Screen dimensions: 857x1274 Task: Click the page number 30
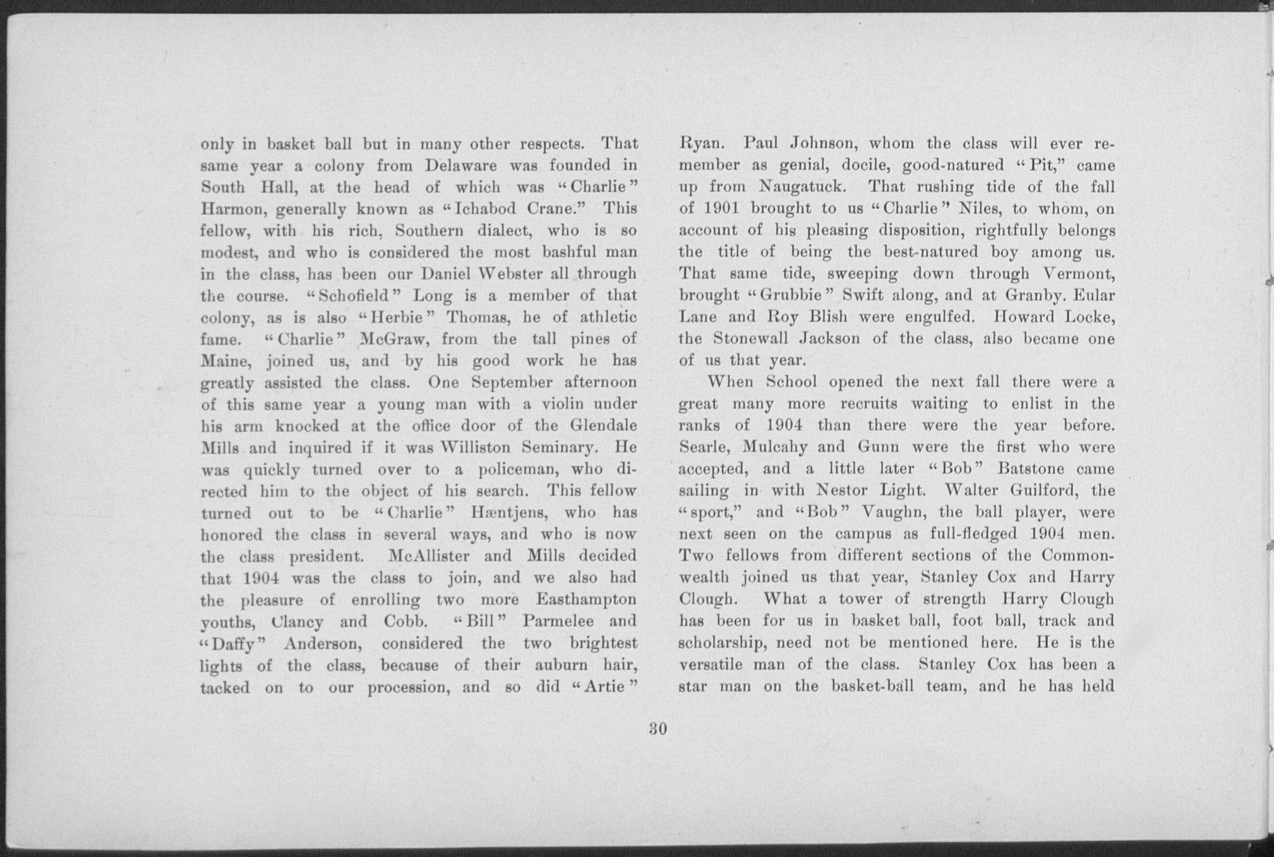pyautogui.click(x=658, y=729)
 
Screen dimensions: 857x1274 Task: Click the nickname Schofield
pyautogui.click(x=353, y=296)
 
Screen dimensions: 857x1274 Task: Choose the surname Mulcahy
pyautogui.click(x=775, y=447)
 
